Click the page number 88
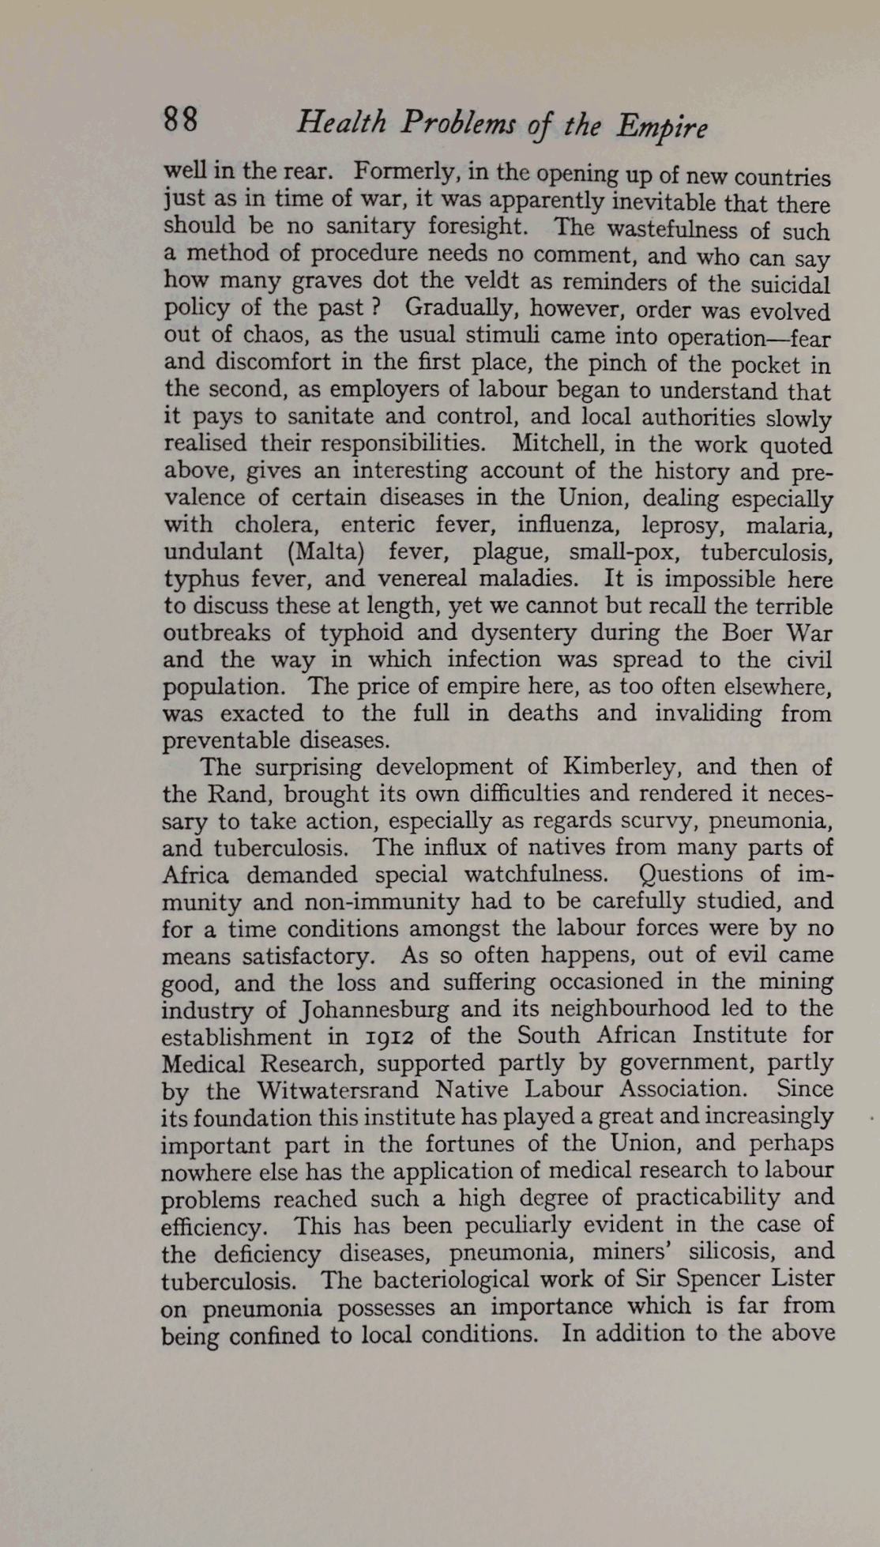[181, 120]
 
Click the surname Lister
[797, 1278]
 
